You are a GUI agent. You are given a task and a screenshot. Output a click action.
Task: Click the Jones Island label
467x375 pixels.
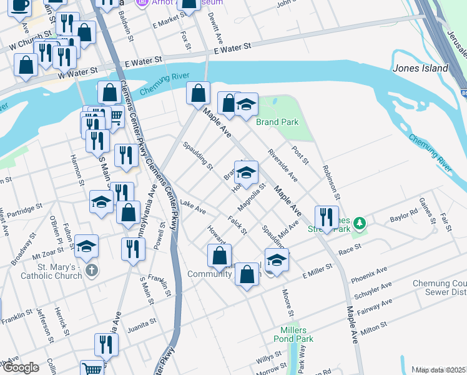(x=420, y=68)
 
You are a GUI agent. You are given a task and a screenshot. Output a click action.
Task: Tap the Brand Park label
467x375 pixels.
(x=277, y=122)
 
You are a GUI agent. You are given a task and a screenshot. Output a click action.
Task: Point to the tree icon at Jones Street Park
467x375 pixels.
(x=359, y=222)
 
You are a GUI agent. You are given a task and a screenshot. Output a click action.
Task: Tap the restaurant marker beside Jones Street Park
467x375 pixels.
(x=327, y=218)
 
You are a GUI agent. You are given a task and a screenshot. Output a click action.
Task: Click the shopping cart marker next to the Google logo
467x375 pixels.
(x=92, y=369)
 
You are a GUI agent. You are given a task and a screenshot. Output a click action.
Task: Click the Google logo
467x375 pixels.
(x=21, y=367)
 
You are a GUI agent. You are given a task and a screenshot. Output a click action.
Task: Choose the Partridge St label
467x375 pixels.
(x=25, y=207)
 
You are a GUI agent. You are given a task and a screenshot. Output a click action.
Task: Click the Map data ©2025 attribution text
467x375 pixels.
(x=440, y=370)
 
